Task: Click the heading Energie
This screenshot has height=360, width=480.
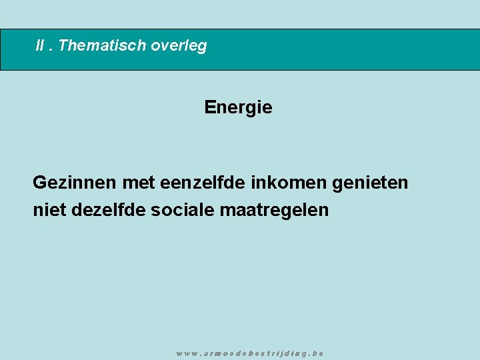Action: pos(238,107)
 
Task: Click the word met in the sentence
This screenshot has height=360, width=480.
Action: pos(138,182)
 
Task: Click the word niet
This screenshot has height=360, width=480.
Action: pos(48,210)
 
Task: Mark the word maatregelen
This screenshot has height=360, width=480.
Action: pos(274,210)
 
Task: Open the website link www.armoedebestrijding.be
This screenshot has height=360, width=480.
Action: pos(250,353)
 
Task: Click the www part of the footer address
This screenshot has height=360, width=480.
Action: pos(187,353)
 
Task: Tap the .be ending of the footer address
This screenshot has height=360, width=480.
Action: pos(317,353)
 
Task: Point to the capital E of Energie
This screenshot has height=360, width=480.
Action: pos(209,107)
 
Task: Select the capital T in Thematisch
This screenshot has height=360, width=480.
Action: pos(63,46)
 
